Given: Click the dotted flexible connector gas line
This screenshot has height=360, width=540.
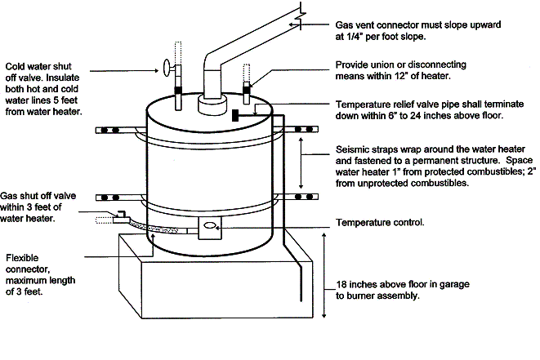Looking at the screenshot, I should pyautogui.click(x=163, y=229).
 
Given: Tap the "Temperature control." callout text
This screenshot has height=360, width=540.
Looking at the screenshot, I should pyautogui.click(x=379, y=222).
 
